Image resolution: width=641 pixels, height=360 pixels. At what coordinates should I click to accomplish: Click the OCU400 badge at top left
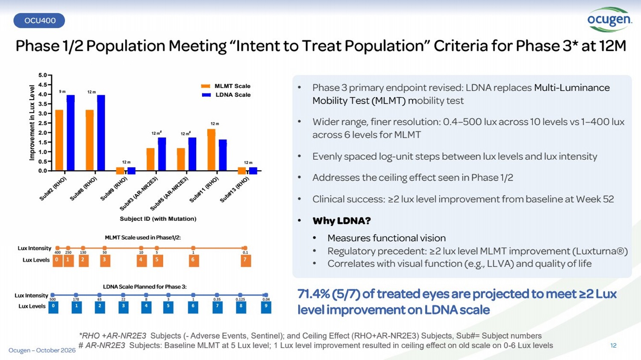coord(39,20)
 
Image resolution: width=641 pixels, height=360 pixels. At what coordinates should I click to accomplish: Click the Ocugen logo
coord(609,20)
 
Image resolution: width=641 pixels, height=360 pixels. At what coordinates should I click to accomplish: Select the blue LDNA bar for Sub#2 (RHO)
coord(71,133)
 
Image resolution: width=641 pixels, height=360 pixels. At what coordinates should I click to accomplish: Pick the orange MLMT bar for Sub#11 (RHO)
coord(212,150)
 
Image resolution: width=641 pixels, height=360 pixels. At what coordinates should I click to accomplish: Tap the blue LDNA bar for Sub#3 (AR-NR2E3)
coord(162,154)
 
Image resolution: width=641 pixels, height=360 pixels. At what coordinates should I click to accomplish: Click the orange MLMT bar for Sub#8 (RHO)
coord(90,140)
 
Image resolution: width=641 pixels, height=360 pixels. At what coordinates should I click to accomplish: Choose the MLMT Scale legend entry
coord(226,86)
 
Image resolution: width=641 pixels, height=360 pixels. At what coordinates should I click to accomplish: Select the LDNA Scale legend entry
coord(226,95)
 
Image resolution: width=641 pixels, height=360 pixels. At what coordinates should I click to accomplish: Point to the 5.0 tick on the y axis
coord(43,75)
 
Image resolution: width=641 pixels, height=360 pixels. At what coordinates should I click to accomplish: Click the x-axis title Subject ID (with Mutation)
coord(158,219)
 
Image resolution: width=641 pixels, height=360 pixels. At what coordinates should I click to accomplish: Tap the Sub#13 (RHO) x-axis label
coord(235,190)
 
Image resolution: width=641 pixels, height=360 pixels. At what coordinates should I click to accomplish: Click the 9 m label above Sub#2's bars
coord(62,91)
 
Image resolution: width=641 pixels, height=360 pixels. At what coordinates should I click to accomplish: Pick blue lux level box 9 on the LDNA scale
coord(266,307)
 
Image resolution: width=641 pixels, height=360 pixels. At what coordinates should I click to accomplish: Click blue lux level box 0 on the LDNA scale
coord(53,307)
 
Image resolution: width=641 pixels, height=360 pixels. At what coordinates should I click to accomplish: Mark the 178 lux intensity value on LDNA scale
coord(76,299)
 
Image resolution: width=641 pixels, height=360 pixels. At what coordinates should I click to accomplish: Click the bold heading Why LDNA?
coord(342,221)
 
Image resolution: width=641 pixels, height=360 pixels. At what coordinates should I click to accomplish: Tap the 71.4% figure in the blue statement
coord(314,294)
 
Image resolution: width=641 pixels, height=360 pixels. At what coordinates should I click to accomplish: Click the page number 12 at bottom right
coord(613,345)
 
